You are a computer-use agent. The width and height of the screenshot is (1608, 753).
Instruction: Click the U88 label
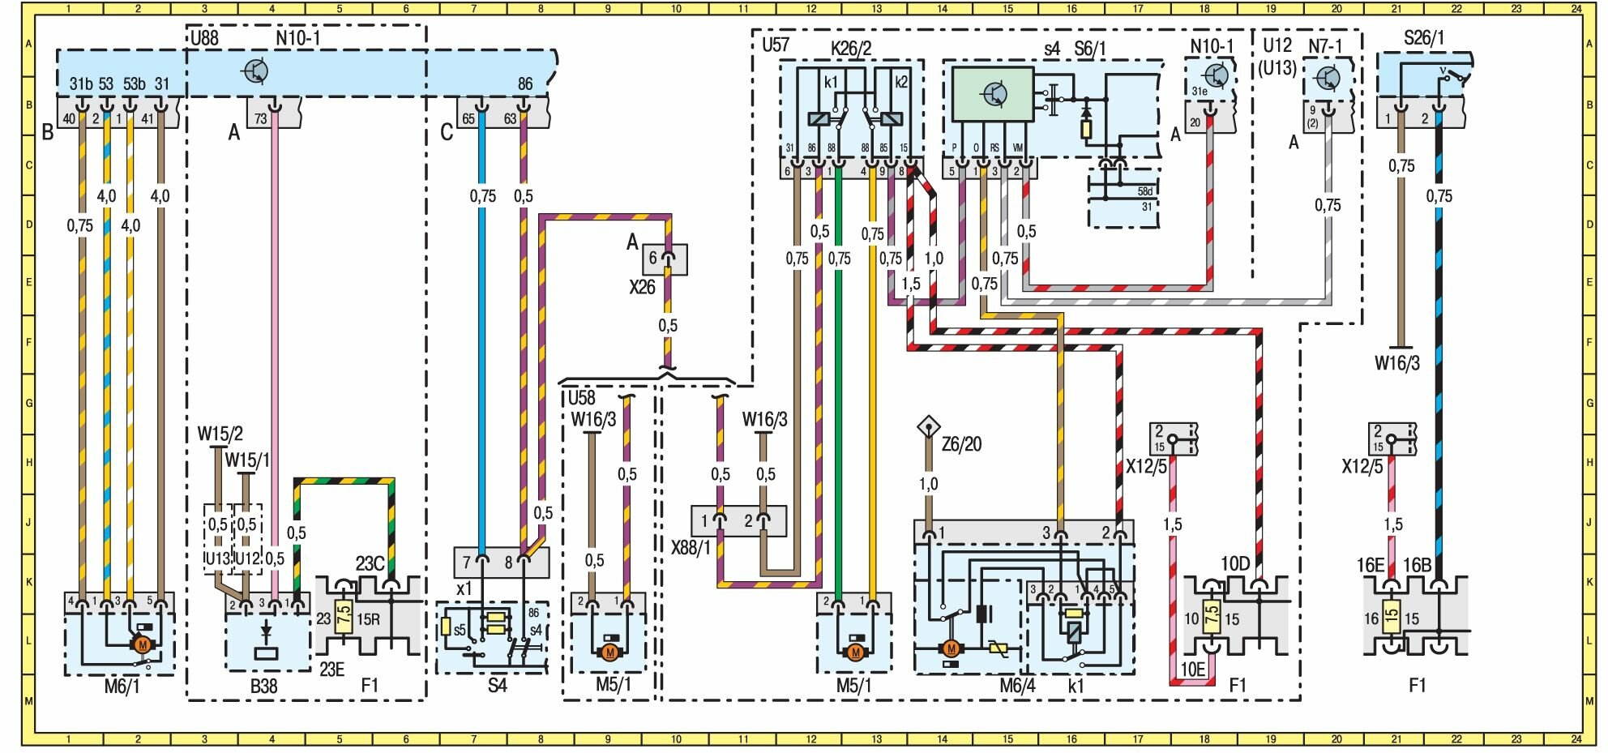coord(205,38)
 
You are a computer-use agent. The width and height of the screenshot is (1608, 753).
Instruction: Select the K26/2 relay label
coord(851,49)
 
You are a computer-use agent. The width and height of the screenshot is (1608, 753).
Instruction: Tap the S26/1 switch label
coord(1423,38)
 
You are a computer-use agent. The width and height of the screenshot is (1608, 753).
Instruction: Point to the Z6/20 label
coord(961,444)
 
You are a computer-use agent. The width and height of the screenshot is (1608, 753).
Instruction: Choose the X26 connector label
coord(642,287)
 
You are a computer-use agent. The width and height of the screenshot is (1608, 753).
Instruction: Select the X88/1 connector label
coord(691,548)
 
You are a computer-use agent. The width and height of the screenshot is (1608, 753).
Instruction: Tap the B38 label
coord(263,686)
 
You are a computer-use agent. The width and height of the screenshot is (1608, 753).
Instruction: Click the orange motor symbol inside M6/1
coord(143,645)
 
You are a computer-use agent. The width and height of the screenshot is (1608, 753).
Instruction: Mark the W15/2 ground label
coord(220,434)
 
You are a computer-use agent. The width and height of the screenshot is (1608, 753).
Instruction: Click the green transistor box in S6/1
coord(992,94)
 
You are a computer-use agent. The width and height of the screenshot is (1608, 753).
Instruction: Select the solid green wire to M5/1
coord(839,405)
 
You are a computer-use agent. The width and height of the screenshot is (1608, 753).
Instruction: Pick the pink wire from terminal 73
coord(276,324)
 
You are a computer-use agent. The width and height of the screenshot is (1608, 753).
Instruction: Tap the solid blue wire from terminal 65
coord(482,365)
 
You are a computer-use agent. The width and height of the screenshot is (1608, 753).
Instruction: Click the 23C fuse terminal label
coord(370,564)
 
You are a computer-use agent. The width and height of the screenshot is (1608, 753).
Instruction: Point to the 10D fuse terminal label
coord(1235,564)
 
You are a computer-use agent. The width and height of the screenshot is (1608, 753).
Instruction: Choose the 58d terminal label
coord(1144,191)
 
